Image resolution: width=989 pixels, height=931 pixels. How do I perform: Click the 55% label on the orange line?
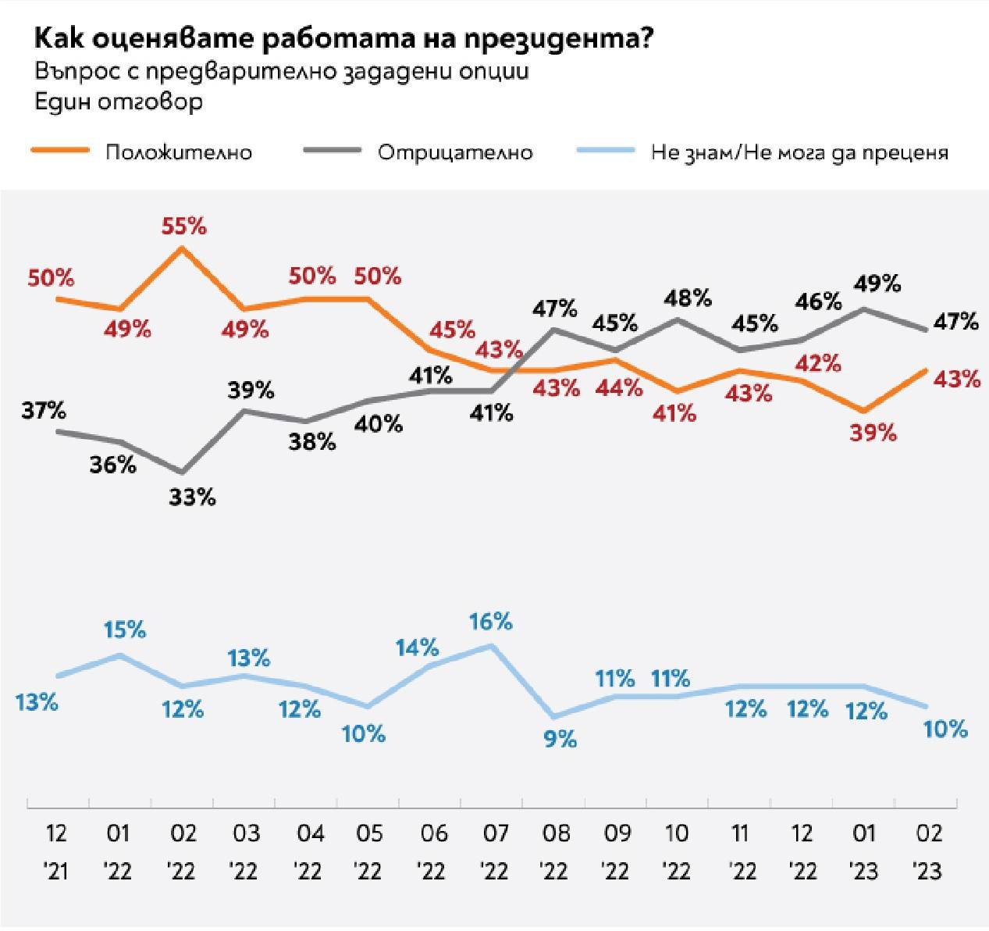pos(183,227)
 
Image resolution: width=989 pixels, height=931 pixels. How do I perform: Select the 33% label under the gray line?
pos(192,497)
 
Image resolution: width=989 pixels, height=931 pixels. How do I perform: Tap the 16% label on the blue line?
pos(490,622)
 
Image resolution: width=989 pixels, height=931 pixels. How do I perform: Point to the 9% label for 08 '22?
pos(560,738)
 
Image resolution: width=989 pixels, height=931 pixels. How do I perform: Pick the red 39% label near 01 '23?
pos(874,433)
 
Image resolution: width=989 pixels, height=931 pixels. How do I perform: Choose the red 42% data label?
pos(818,363)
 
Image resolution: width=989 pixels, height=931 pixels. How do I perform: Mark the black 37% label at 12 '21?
pos(44,410)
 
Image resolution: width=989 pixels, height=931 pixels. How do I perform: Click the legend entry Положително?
pos(179,152)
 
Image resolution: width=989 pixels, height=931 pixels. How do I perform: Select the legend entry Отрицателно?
pos(455,152)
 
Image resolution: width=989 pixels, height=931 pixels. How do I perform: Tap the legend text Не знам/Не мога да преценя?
pos(799,152)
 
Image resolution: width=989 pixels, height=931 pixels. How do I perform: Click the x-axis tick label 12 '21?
pos(57,851)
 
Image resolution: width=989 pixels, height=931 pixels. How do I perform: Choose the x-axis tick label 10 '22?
pos(677,851)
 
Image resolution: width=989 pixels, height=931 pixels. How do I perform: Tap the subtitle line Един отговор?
pos(119,102)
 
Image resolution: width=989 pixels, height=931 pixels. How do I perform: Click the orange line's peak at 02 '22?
pos(182,248)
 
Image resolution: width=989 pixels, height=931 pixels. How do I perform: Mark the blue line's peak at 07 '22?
pos(491,645)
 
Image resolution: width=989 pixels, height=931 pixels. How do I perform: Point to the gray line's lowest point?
pos(182,473)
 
